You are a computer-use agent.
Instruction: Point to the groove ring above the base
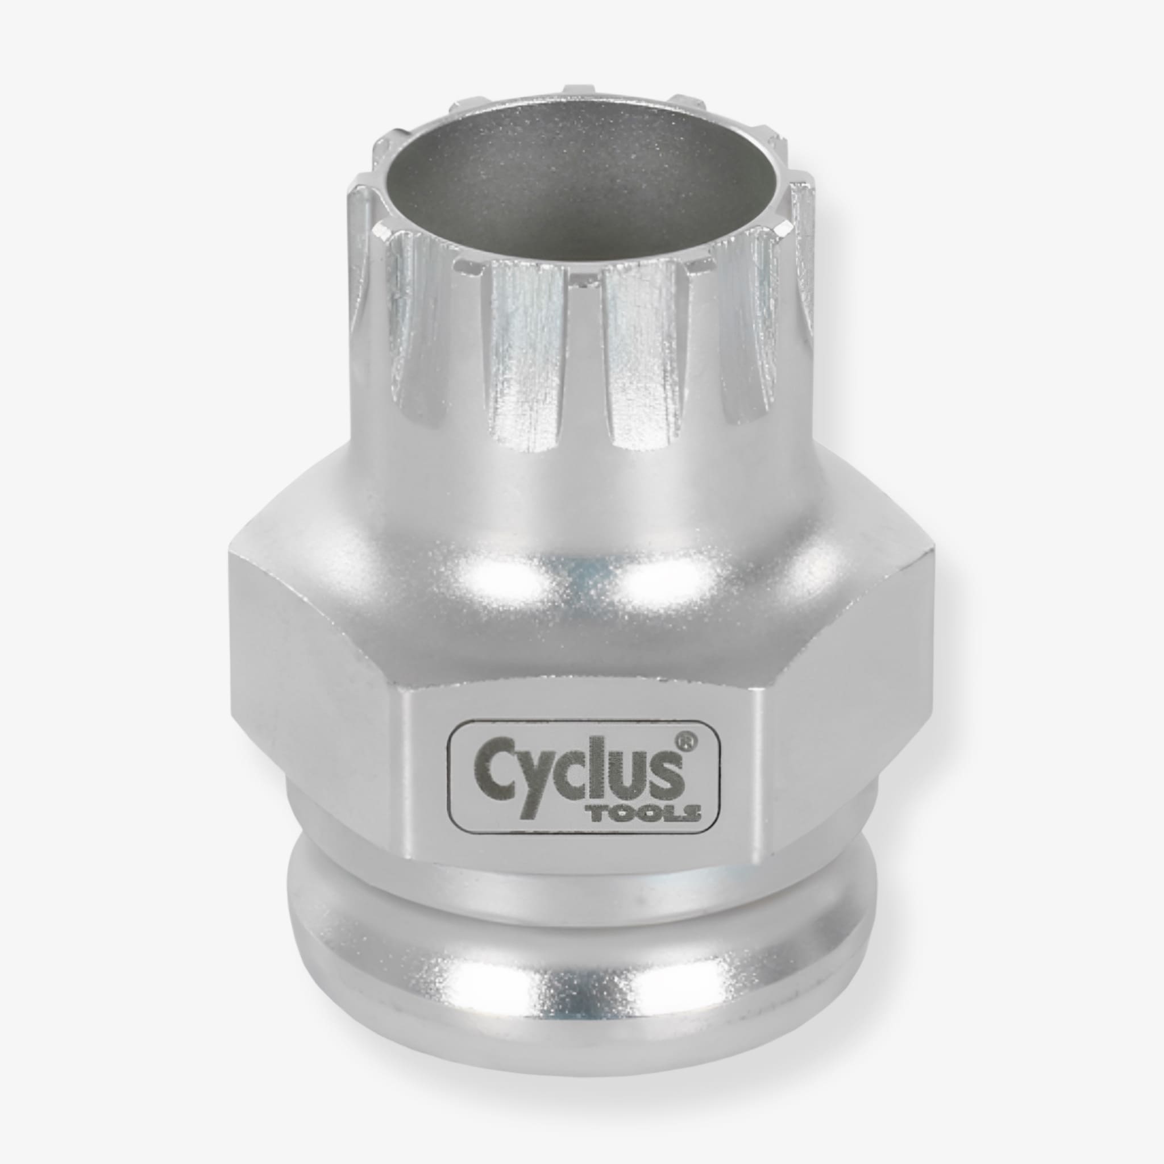click(x=579, y=904)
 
